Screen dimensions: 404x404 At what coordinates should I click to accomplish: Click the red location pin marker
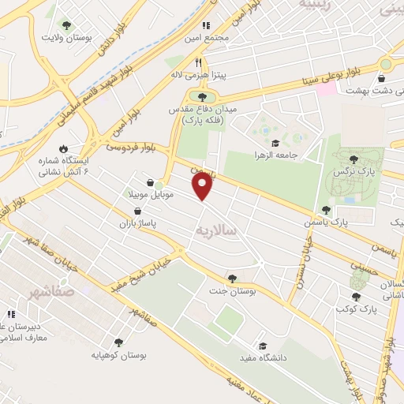click(x=203, y=185)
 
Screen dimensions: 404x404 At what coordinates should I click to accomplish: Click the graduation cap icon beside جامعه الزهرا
click(x=275, y=143)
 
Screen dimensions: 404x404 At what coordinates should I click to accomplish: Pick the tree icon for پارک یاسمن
click(x=325, y=210)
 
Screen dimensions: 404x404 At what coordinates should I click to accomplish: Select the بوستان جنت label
click(x=232, y=290)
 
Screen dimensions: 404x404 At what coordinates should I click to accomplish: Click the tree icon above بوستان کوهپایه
click(x=118, y=342)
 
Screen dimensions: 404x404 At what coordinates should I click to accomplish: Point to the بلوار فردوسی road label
click(x=133, y=146)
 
